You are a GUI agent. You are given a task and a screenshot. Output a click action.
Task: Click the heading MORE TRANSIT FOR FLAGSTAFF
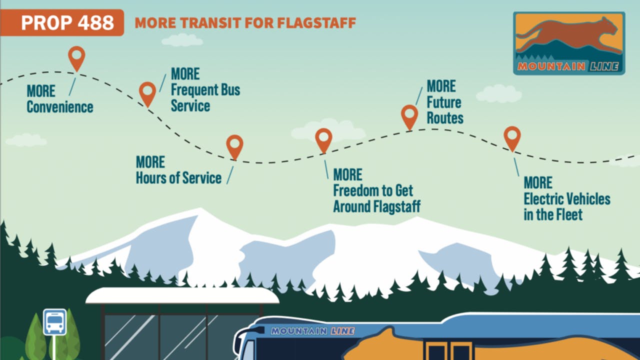pyautogui.click(x=245, y=22)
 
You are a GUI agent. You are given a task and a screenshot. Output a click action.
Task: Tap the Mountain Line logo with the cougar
pyautogui.click(x=569, y=43)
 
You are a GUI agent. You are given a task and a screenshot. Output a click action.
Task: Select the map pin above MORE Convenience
pyautogui.click(x=76, y=57)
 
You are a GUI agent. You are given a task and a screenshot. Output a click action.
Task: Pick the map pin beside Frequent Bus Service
pyautogui.click(x=147, y=92)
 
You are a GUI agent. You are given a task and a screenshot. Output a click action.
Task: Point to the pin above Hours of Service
pyautogui.click(x=234, y=145)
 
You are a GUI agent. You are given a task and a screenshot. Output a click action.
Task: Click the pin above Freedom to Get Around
pyautogui.click(x=323, y=139)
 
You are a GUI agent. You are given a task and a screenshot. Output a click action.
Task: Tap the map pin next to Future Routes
pyautogui.click(x=409, y=115)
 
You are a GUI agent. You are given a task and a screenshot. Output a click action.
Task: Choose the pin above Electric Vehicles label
pyautogui.click(x=512, y=137)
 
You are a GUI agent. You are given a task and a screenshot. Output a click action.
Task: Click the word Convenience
pyautogui.click(x=60, y=107)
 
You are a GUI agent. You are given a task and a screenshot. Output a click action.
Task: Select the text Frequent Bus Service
pyautogui.click(x=205, y=98)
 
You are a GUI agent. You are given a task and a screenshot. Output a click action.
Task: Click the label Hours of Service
pyautogui.click(x=178, y=178)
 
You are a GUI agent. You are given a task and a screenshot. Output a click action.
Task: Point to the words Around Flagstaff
pyautogui.click(x=376, y=206)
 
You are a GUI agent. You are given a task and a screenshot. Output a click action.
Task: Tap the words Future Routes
pyautogui.click(x=444, y=110)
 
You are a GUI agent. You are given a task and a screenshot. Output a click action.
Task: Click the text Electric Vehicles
pyautogui.click(x=567, y=199)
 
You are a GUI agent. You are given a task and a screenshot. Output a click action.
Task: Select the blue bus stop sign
pyautogui.click(x=54, y=321)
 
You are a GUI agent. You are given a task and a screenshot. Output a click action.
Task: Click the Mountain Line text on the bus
pyautogui.click(x=312, y=331)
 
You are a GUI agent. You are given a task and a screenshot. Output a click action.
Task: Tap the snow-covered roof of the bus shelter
pyautogui.click(x=182, y=295)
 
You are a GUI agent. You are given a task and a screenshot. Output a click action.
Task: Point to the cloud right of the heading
pyautogui.click(x=498, y=93)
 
